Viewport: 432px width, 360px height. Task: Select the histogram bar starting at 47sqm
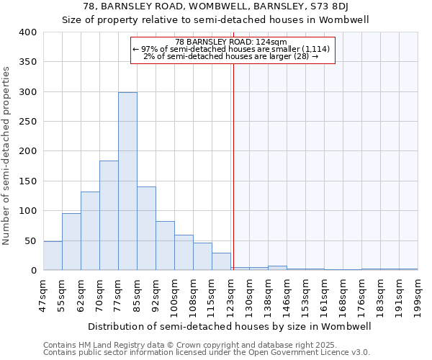53,256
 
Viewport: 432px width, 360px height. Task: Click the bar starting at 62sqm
90,230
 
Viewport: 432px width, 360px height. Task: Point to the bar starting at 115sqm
221,261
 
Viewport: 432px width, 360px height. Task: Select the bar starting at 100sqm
184,252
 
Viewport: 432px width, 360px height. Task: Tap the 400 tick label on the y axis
28,32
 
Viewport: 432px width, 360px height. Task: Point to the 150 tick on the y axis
28,181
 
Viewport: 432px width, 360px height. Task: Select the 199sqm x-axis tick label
418,293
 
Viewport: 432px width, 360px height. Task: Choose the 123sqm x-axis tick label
230,293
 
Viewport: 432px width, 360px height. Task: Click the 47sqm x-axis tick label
43,293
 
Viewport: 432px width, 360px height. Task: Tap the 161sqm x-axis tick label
324,293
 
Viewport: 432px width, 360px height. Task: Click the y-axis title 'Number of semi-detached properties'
6,155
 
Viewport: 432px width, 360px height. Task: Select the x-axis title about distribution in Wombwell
230,326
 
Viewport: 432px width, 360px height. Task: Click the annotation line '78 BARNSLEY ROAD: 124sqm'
231,42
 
